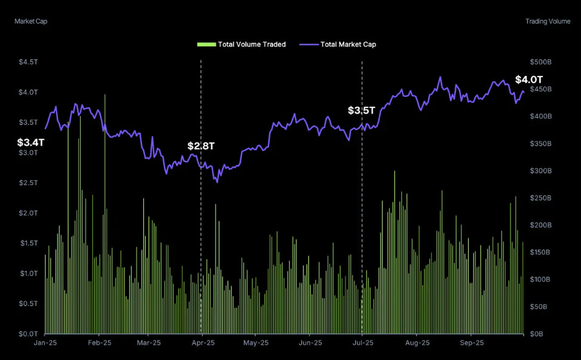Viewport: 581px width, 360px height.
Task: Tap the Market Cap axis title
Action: pyautogui.click(x=31, y=21)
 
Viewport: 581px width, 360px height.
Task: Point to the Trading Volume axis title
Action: pyautogui.click(x=548, y=21)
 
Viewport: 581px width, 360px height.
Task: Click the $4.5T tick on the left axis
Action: pyautogui.click(x=28, y=62)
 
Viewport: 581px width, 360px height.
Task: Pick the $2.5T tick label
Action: pyautogui.click(x=28, y=183)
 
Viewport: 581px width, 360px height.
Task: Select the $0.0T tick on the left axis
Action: pyautogui.click(x=28, y=334)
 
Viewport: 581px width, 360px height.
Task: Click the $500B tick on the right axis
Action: pyautogui.click(x=540, y=62)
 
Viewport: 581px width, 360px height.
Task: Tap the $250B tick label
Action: pyautogui.click(x=540, y=198)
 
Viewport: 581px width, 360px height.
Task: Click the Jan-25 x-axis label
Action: pyautogui.click(x=46, y=343)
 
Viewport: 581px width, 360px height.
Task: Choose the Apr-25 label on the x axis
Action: pyautogui.click(x=203, y=343)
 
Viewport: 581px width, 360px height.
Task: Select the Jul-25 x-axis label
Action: pyautogui.click(x=363, y=343)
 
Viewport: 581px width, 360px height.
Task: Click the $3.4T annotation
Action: pyautogui.click(x=30, y=143)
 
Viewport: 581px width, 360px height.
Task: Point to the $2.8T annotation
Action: pyautogui.click(x=201, y=146)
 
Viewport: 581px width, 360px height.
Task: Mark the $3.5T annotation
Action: pyautogui.click(x=361, y=110)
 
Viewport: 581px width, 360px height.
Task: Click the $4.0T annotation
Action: pyautogui.click(x=529, y=80)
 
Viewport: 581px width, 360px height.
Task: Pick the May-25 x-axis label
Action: pyautogui.click(x=256, y=343)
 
